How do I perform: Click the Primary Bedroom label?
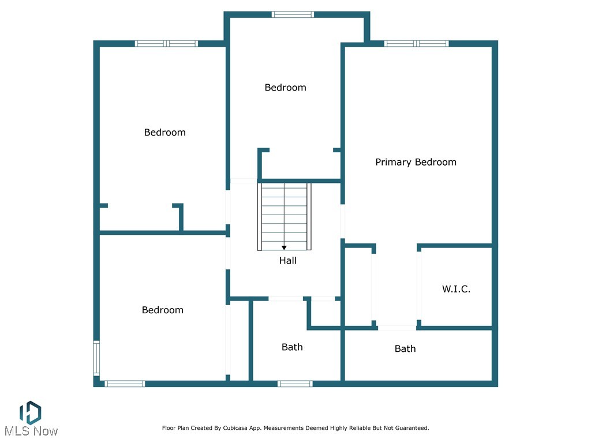pyautogui.click(x=416, y=162)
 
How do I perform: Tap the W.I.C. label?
pyautogui.click(x=456, y=289)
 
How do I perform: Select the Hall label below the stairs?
pyautogui.click(x=287, y=261)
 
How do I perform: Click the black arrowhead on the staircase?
pyautogui.click(x=284, y=247)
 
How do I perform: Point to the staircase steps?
pyautogui.click(x=284, y=213)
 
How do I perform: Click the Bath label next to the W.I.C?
pyautogui.click(x=405, y=348)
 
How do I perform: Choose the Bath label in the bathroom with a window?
pyautogui.click(x=292, y=347)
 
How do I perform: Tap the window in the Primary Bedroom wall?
pyautogui.click(x=416, y=43)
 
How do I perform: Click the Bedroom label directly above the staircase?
pyautogui.click(x=285, y=88)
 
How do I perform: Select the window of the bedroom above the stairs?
pyautogui.click(x=293, y=14)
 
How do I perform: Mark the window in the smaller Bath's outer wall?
pyautogui.click(x=295, y=384)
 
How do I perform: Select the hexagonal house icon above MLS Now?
pyautogui.click(x=30, y=411)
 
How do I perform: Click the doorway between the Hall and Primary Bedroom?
pyautogui.click(x=343, y=221)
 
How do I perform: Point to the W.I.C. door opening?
pyautogui.click(x=420, y=286)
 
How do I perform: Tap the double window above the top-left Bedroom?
pyautogui.click(x=166, y=43)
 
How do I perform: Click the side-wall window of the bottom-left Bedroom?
pyautogui.click(x=96, y=358)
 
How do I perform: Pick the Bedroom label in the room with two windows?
pyautogui.click(x=162, y=310)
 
